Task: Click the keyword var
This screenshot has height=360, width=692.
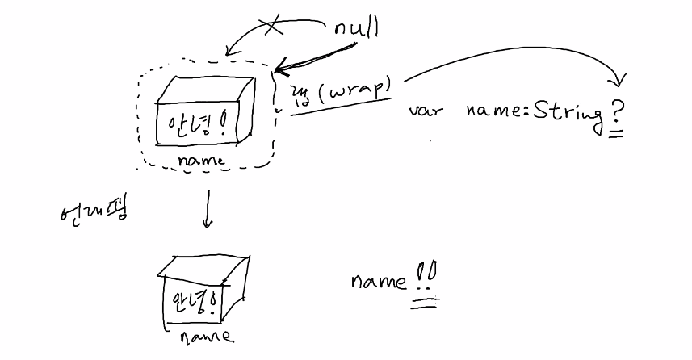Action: pos(426,111)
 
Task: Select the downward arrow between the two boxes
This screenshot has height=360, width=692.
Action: pos(207,208)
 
